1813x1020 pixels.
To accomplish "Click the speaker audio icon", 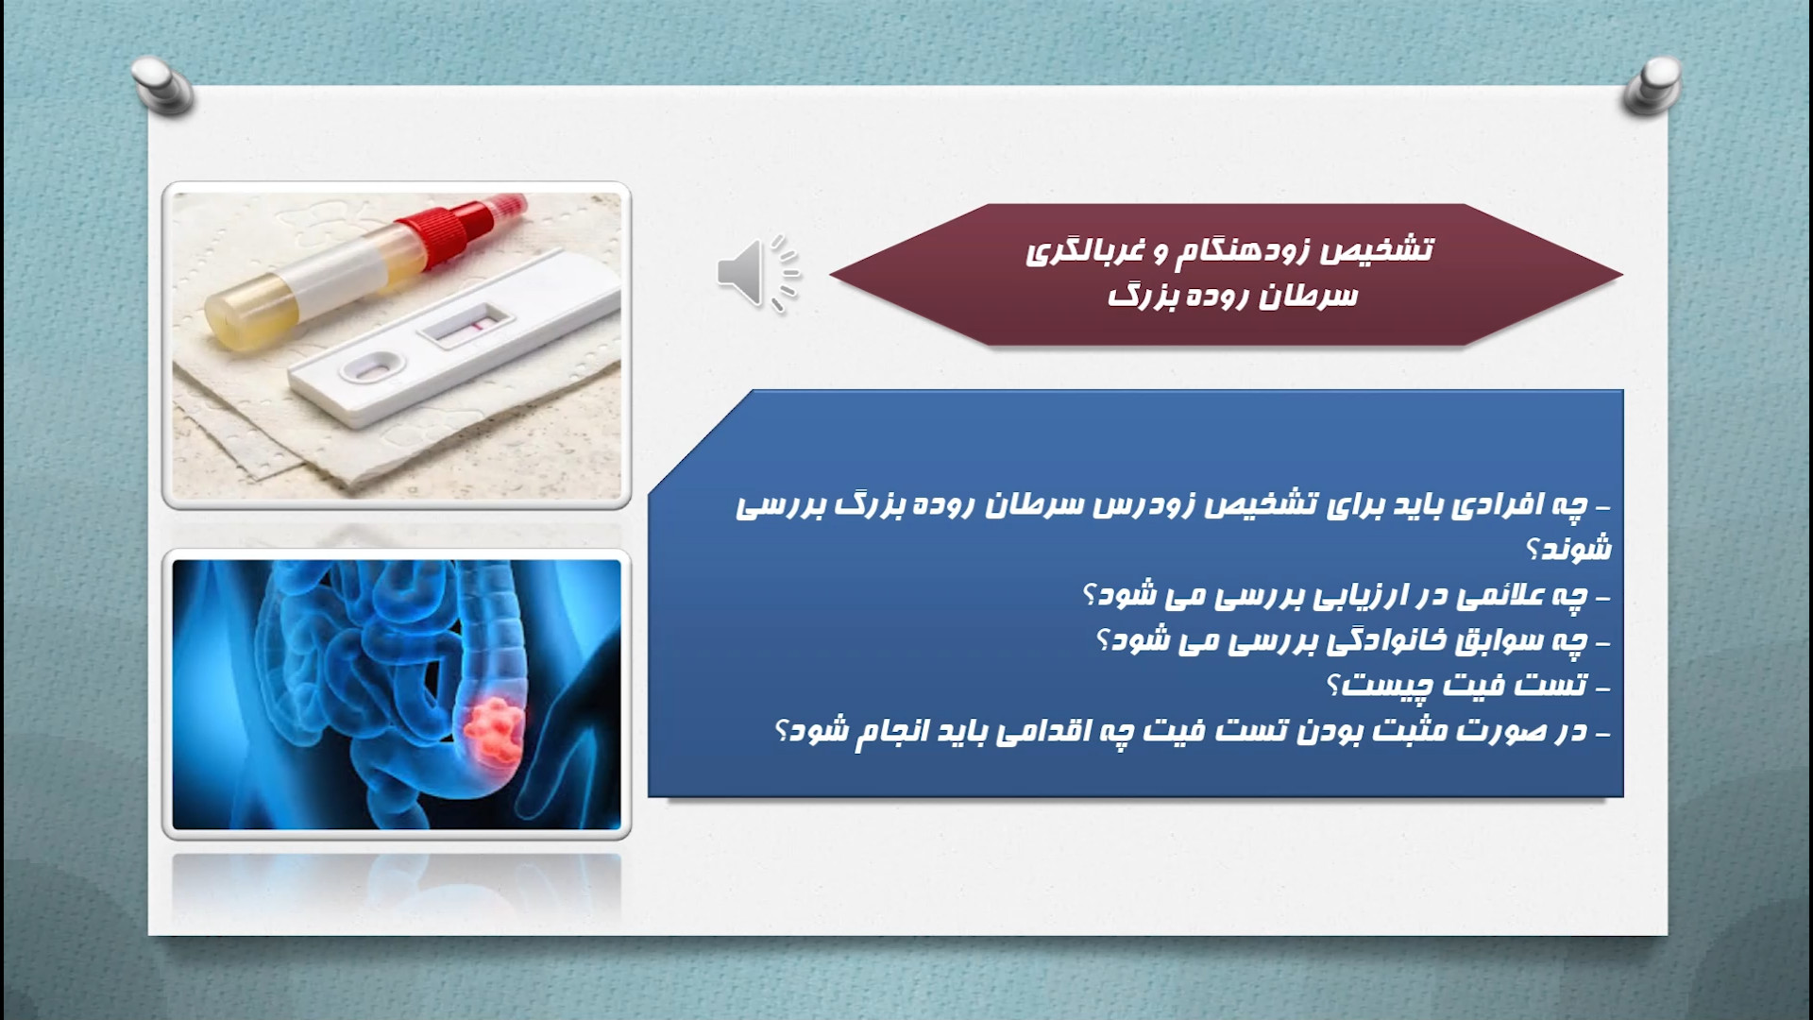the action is pos(757,273).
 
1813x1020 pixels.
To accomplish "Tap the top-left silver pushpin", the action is pos(162,86).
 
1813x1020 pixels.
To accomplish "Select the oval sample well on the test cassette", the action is pos(370,365).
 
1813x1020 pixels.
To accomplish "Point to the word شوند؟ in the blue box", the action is pos(1569,549).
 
